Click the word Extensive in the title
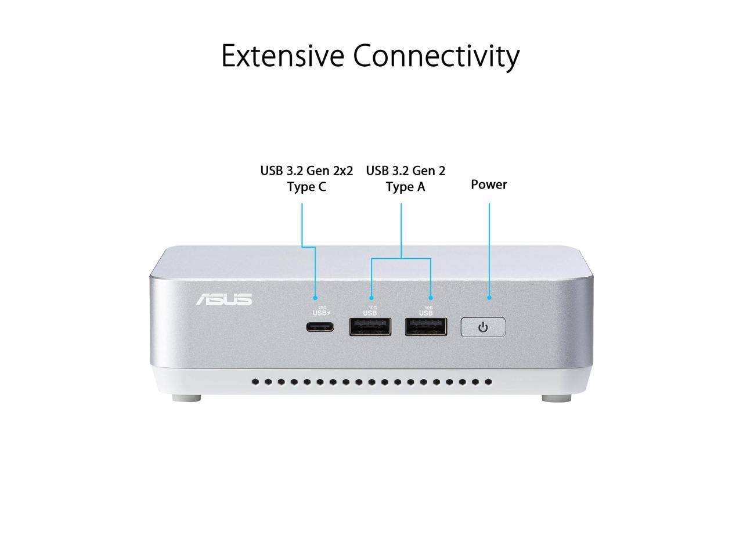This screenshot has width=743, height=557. [x=283, y=56]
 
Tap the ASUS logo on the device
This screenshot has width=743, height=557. [x=223, y=299]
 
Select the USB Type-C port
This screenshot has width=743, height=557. [x=320, y=327]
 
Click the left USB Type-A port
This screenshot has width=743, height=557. [x=370, y=327]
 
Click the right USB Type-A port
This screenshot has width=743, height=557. [x=426, y=327]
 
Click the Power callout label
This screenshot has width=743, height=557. [x=489, y=185]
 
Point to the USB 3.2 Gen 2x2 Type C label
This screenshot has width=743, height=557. [x=306, y=179]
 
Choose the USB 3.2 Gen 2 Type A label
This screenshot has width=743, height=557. [x=406, y=179]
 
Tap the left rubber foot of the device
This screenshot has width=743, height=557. [x=187, y=399]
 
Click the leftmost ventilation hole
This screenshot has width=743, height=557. [x=255, y=382]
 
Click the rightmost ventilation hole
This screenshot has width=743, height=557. [x=488, y=382]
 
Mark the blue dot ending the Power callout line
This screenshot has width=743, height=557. [x=489, y=298]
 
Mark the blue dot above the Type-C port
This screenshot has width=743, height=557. [x=316, y=298]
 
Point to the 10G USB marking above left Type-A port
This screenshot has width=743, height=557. [x=370, y=311]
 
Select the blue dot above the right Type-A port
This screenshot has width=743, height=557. [x=431, y=298]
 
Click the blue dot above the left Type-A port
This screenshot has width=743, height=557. [x=371, y=298]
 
